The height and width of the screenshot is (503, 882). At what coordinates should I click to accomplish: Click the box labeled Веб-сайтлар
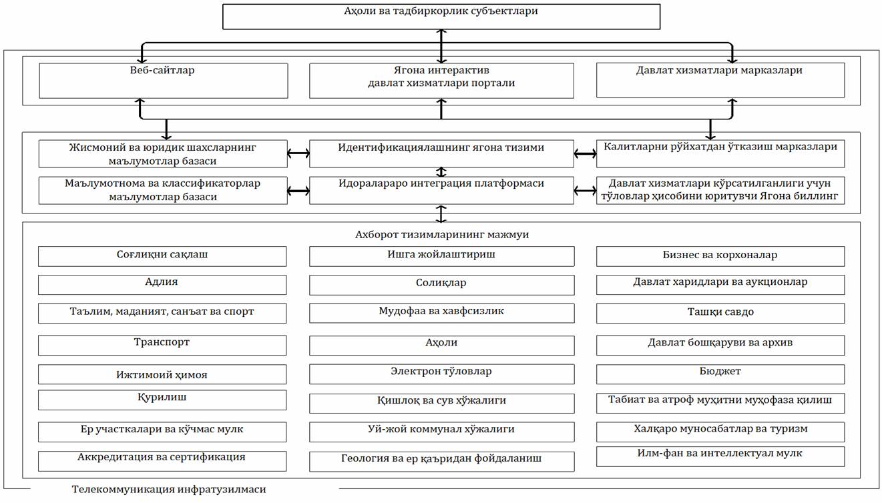click(163, 81)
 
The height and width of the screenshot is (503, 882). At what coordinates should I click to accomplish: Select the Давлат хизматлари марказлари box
click(720, 81)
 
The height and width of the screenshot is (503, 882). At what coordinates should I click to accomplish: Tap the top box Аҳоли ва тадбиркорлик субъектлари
click(441, 16)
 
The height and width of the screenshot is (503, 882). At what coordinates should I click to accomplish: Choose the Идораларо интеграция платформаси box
click(441, 190)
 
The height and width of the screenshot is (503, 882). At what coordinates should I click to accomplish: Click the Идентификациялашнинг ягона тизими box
click(441, 153)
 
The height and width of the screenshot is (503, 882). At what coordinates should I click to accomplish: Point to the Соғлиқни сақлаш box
click(162, 256)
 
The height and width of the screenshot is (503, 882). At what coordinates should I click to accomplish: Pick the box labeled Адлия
click(162, 284)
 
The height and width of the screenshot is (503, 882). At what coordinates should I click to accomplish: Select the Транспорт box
click(162, 345)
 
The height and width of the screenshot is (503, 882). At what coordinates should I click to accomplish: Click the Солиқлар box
click(441, 285)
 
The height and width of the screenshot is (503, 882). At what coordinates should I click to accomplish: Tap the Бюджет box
click(720, 374)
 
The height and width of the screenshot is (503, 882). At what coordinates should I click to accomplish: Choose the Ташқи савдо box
click(720, 313)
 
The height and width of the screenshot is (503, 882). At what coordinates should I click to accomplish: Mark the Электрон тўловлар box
click(441, 374)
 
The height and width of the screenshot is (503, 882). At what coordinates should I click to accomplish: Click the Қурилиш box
click(162, 400)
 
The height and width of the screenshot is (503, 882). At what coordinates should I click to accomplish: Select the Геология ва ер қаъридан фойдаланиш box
click(441, 461)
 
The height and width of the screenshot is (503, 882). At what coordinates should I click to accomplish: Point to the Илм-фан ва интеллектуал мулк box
click(720, 456)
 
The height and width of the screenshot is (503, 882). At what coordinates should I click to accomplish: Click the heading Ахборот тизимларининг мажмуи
click(441, 235)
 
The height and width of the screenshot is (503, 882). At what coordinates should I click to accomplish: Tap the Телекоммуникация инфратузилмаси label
click(169, 490)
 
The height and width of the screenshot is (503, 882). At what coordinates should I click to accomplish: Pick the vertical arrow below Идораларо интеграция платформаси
click(441, 213)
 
